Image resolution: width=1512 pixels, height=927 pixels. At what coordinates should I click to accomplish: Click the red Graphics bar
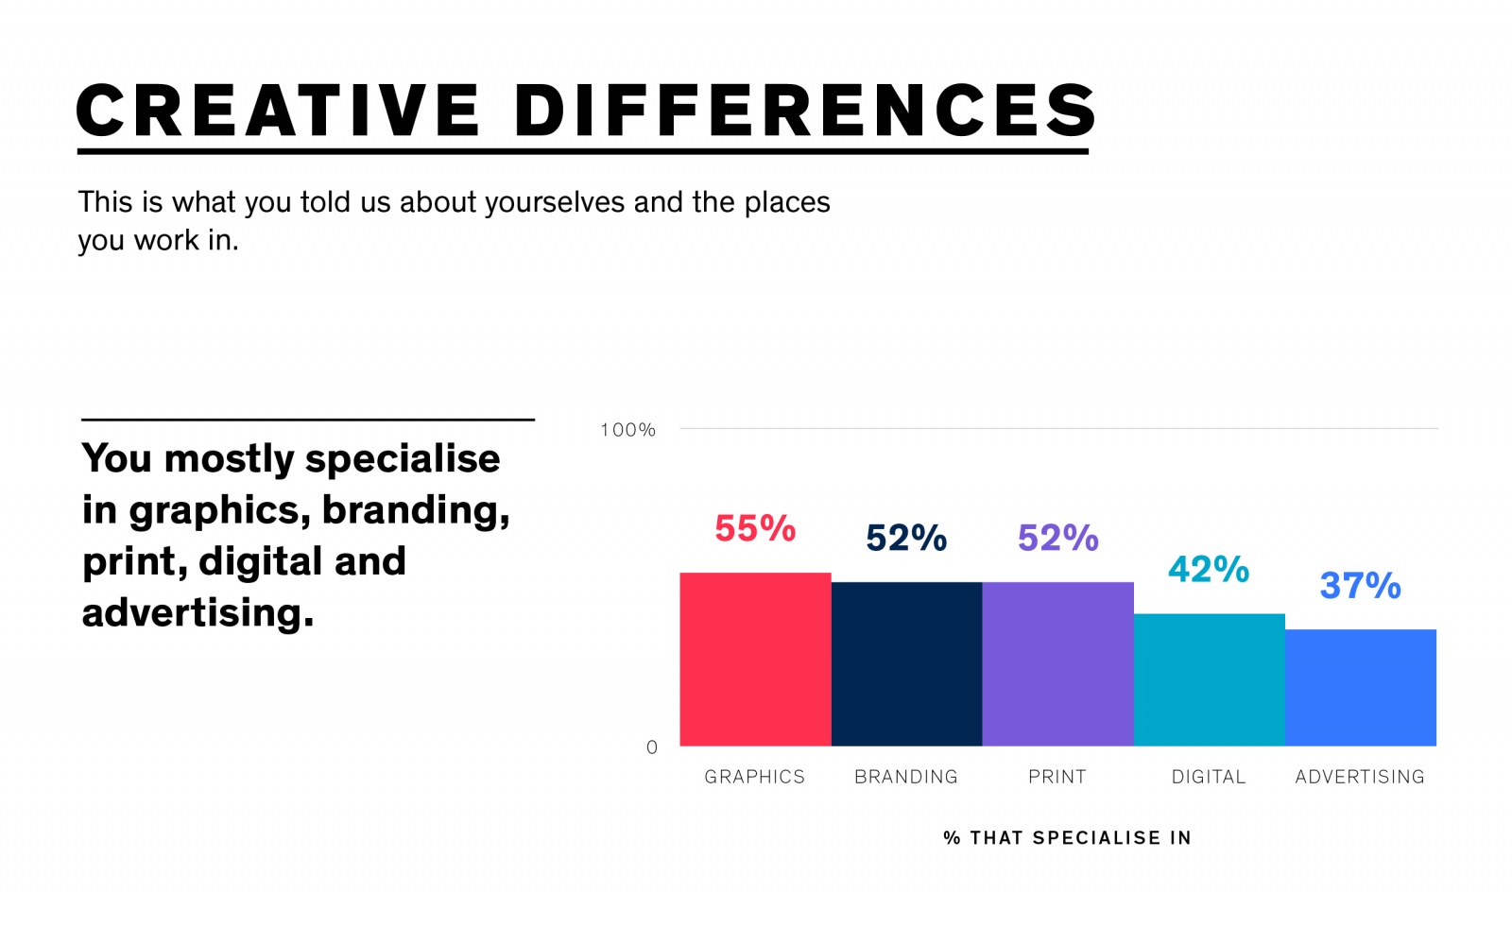(x=755, y=660)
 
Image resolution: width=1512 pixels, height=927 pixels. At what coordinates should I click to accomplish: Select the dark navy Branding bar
(x=906, y=664)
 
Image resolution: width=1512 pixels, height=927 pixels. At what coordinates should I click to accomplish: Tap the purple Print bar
(x=1057, y=664)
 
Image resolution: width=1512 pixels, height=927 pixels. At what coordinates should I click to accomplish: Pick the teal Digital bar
(x=1209, y=680)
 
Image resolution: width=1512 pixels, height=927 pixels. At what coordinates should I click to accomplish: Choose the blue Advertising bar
(x=1360, y=688)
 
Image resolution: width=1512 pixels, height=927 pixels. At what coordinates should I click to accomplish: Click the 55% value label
(x=755, y=528)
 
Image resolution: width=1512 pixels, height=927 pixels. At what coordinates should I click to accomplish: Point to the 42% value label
(x=1209, y=569)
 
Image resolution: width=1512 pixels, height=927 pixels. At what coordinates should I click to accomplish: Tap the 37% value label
(x=1360, y=586)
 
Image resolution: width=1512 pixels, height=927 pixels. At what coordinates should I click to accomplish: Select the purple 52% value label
(x=1057, y=538)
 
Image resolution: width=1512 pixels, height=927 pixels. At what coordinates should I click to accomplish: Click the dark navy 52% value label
(x=906, y=538)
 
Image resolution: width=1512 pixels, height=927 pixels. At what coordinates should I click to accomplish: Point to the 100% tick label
(x=627, y=430)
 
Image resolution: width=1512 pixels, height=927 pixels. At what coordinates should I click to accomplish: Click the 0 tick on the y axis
(x=651, y=747)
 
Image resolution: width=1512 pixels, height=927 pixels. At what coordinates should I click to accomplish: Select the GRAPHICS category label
(x=754, y=777)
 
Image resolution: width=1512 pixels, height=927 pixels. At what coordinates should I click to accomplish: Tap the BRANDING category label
(x=905, y=777)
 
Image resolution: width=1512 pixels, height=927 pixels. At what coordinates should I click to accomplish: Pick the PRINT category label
(x=1057, y=777)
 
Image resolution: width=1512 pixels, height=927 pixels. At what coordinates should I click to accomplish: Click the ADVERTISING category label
(x=1359, y=777)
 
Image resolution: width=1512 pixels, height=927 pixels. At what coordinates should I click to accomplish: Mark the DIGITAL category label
(x=1209, y=777)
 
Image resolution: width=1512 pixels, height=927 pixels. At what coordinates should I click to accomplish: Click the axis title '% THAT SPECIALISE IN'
(x=1067, y=838)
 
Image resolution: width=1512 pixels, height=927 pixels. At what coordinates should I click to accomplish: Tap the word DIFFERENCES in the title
(x=804, y=111)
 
